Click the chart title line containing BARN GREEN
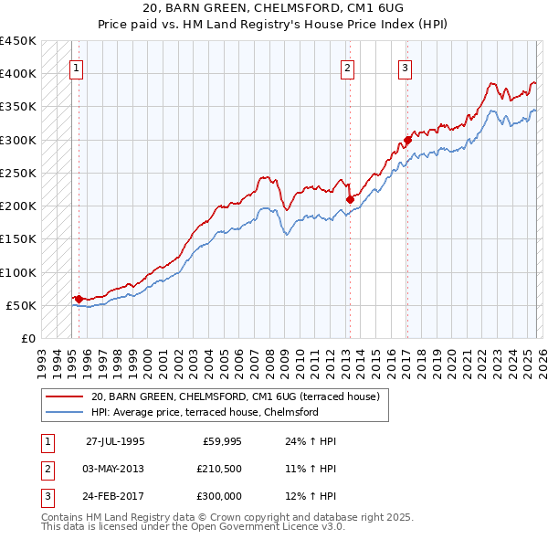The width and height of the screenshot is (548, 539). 273,7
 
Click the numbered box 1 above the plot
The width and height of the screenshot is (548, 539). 78,67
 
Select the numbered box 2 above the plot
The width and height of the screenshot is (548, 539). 348,67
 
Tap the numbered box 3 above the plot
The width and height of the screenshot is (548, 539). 406,67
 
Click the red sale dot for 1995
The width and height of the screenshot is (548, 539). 79,298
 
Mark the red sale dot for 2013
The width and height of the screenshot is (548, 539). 349,198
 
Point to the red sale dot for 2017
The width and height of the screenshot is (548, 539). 407,140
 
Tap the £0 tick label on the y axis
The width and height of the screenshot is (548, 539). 27,338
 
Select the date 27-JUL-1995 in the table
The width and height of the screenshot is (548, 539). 115,441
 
